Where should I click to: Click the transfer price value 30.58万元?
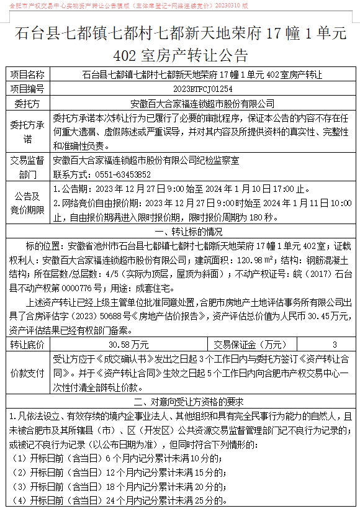point(128,343)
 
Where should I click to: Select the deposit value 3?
point(335,343)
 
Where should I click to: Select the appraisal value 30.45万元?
point(328,316)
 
